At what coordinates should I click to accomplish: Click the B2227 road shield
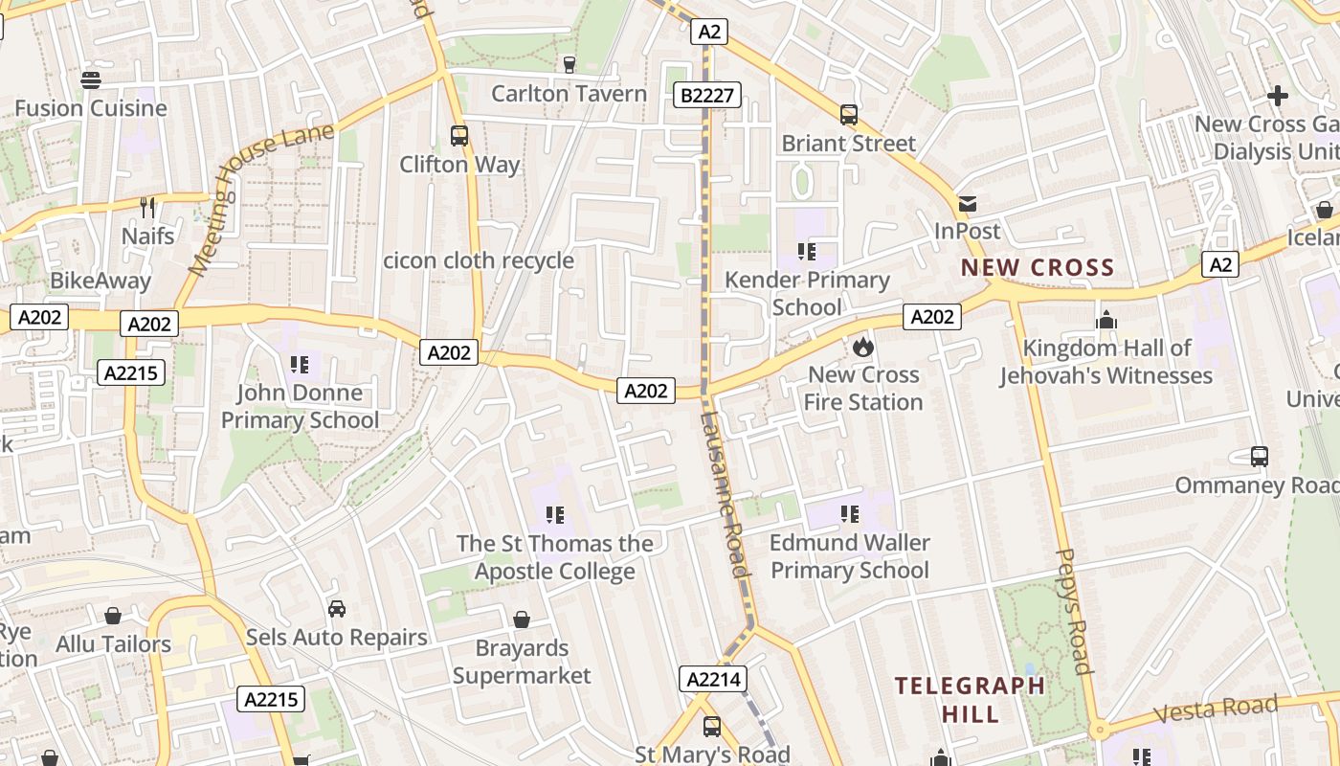pos(708,95)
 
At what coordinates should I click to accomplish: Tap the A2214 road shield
pos(712,679)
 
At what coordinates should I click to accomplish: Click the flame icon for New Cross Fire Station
pos(863,346)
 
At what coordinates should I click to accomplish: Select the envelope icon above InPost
pos(968,203)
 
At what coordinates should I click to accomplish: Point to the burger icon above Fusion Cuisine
pos(91,79)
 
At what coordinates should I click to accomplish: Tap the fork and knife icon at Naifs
pos(147,207)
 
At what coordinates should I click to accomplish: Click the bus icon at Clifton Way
pos(459,136)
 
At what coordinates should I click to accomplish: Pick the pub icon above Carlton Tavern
pos(569,64)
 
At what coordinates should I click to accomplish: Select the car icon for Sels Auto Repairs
pos(336,609)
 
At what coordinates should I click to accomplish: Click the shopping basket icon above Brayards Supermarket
pos(522,620)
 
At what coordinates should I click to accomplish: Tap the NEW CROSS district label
pos(1038,268)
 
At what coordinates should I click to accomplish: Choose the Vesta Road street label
pos(1216,710)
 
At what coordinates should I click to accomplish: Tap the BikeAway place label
pos(100,281)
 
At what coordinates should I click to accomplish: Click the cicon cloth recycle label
pos(479,260)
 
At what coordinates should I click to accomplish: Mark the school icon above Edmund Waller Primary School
pos(850,515)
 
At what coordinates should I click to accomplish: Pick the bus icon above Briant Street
pos(848,115)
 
